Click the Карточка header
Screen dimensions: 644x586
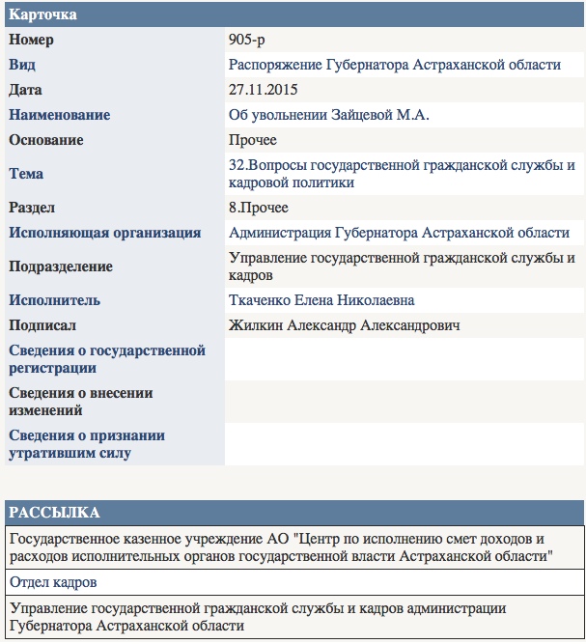point(42,15)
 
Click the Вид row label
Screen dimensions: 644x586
point(23,65)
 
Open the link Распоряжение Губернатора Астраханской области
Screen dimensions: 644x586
point(394,65)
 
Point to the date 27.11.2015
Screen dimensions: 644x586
point(263,90)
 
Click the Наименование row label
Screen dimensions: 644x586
point(59,115)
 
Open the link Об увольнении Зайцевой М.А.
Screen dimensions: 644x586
point(328,115)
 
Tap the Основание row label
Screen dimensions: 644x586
point(46,140)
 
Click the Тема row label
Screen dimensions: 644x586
point(26,174)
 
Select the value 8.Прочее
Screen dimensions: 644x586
point(258,208)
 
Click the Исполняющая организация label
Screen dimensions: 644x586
point(104,233)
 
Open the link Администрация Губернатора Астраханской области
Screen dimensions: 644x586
point(399,233)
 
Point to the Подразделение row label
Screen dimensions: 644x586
point(61,266)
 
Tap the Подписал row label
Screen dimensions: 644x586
point(42,325)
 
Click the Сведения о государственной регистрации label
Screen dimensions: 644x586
point(107,358)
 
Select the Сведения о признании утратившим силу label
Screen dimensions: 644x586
point(87,443)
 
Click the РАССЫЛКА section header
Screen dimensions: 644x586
point(52,512)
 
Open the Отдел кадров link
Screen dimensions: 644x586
point(53,582)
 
